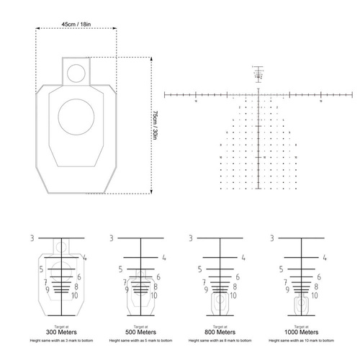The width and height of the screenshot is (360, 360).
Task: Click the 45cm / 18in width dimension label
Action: (76, 24)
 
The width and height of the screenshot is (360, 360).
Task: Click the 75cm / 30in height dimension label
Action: (155, 125)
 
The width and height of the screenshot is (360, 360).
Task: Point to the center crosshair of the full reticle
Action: (258, 94)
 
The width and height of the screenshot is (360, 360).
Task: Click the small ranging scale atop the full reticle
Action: (258, 73)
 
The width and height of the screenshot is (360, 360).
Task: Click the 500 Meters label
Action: (141, 331)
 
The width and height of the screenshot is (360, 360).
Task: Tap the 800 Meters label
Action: (221, 331)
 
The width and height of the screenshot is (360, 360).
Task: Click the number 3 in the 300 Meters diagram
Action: (32, 238)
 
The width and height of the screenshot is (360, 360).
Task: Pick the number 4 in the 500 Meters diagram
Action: (164, 257)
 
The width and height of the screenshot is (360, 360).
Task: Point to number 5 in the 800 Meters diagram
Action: (196, 269)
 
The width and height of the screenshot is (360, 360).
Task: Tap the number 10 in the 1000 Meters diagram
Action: (314, 296)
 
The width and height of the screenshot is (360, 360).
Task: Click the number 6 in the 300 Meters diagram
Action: (77, 277)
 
